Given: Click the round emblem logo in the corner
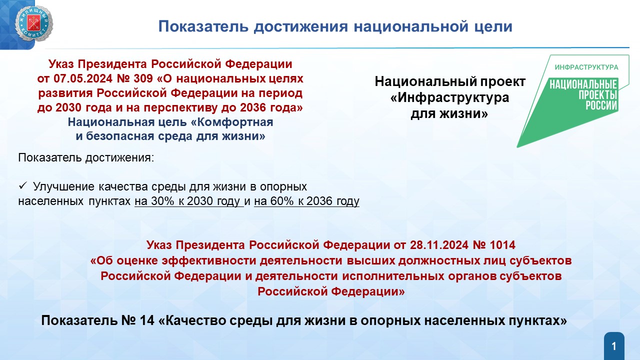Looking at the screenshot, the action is pos(33,23).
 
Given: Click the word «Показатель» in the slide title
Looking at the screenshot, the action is pos(203,26).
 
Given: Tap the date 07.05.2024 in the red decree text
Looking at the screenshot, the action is pos(83,78).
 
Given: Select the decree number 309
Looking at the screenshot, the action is pos(143,78).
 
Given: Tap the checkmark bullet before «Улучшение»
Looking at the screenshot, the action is pos(22,186).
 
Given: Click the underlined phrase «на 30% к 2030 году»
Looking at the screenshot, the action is pos(189,201).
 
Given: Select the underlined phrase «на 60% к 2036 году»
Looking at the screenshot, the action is pos(306,201).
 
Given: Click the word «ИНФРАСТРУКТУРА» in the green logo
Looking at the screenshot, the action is pos(586,67).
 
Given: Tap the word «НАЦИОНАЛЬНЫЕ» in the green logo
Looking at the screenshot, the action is pos(583,84).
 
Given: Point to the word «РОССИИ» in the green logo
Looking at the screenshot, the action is pos(601,105).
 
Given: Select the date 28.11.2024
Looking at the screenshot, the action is pos(439,245).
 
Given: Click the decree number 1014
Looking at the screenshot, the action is pos(502,245).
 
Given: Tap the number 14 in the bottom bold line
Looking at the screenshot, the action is pos(147,320).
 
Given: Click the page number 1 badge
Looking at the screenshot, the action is pos(614,346).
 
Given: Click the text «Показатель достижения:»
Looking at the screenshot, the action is pos(86,157).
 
